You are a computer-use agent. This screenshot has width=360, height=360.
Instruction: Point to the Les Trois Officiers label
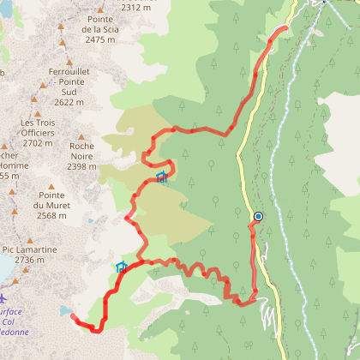click(37, 128)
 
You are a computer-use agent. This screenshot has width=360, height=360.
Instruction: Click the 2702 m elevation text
click(37, 143)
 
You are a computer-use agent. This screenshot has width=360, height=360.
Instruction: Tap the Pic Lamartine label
click(29, 249)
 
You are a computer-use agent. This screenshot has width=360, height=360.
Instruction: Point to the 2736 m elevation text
click(29, 260)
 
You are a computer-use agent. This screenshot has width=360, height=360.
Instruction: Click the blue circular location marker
click(258, 217)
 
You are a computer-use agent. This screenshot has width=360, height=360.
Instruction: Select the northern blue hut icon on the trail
click(161, 177)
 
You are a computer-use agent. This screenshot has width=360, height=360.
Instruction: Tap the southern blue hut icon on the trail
click(121, 267)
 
